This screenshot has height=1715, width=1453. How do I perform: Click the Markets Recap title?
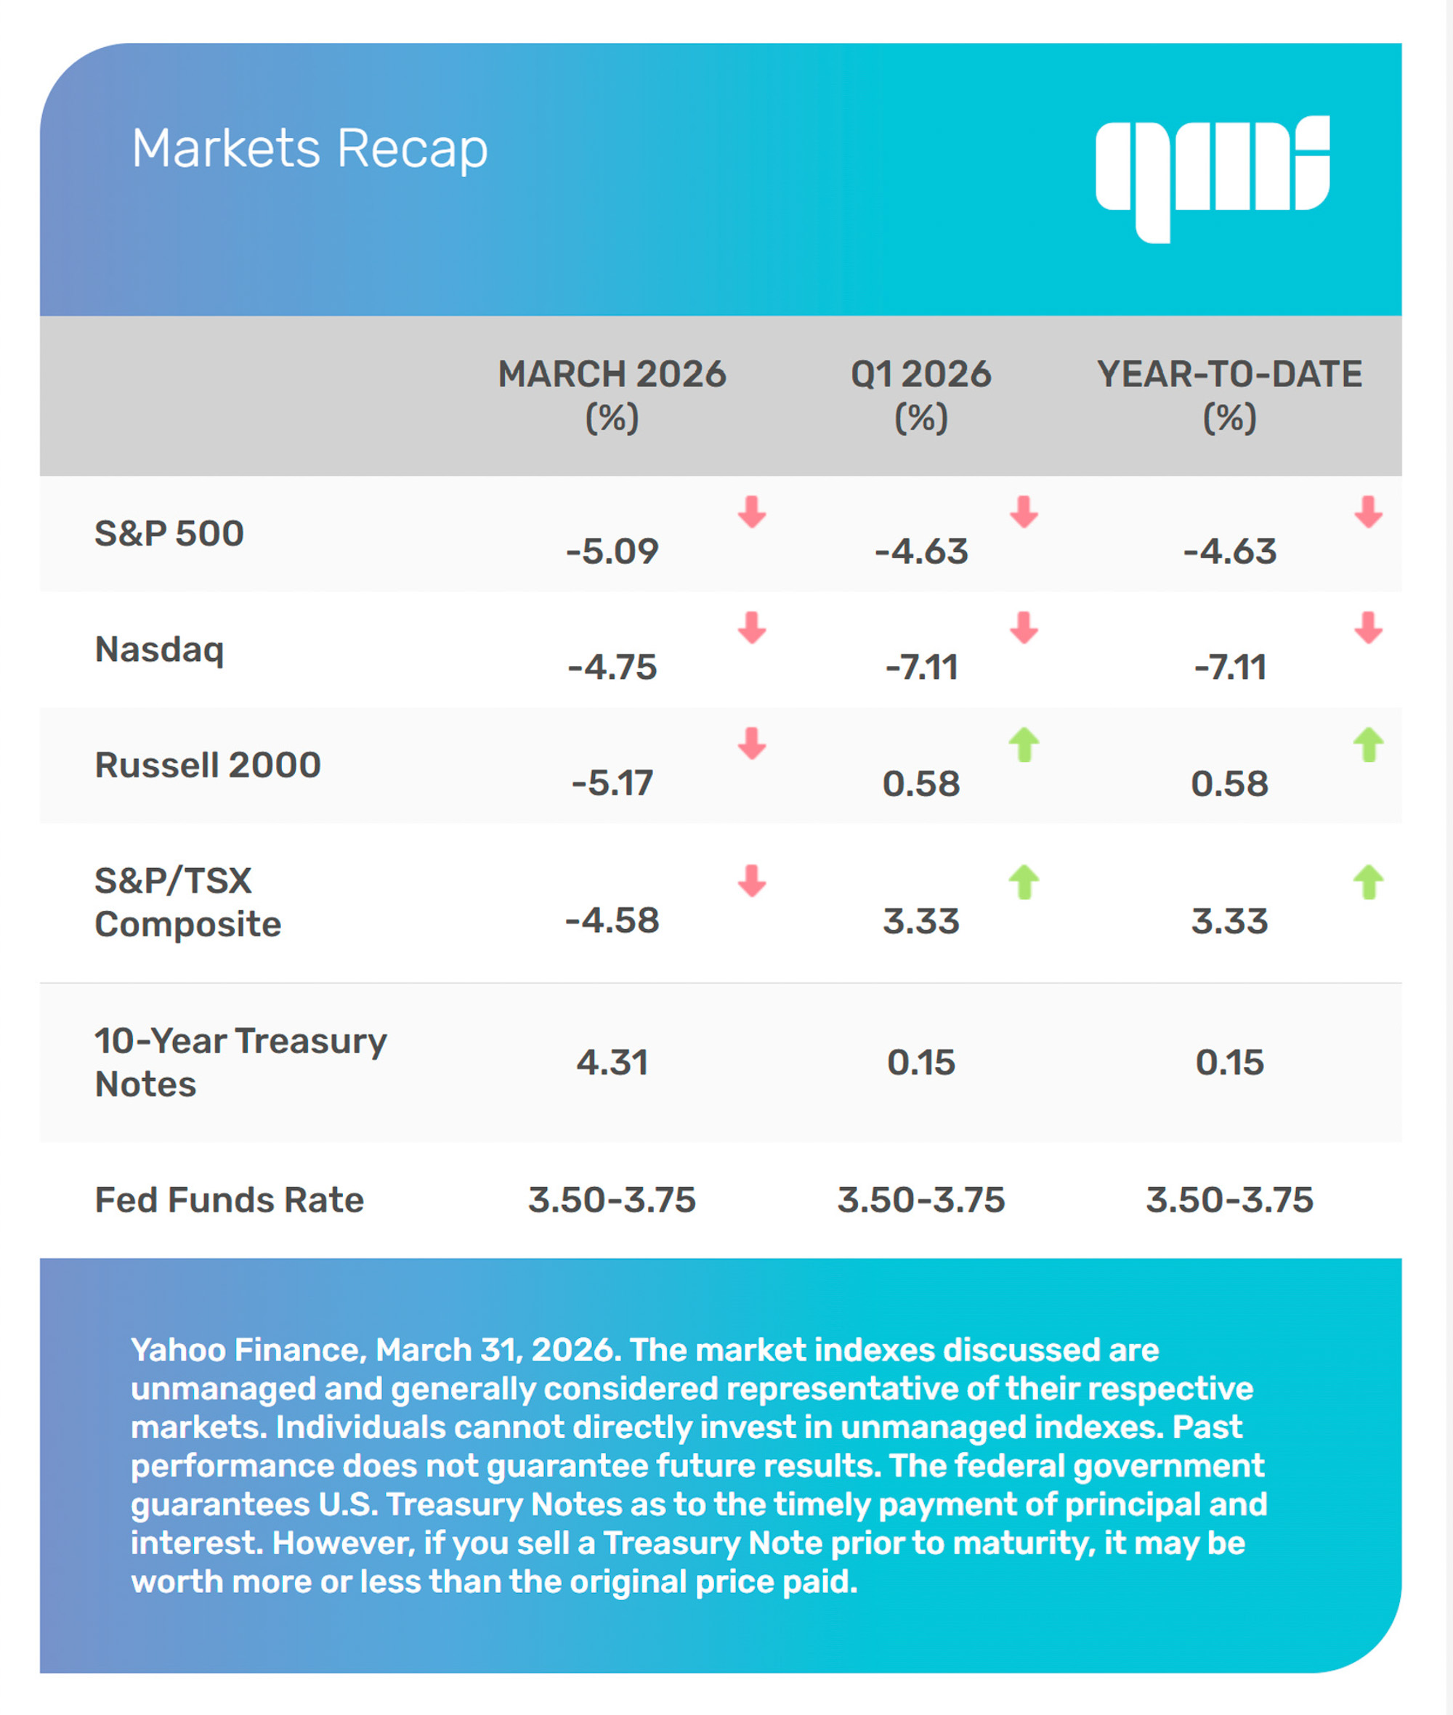[309, 149]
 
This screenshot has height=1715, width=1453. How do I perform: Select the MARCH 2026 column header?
[612, 395]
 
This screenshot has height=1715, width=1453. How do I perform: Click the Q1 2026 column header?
[921, 395]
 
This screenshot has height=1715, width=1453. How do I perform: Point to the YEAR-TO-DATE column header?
[1229, 395]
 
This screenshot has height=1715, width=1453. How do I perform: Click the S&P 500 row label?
[169, 534]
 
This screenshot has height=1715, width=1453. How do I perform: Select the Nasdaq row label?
[159, 650]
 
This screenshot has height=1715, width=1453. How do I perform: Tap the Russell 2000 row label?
[208, 765]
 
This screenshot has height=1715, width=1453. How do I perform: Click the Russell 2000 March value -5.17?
[612, 783]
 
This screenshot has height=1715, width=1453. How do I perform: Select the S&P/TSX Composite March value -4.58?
[612, 921]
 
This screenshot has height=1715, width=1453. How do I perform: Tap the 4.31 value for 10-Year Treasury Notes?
[612, 1063]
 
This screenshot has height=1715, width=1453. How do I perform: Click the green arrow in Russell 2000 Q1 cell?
[1024, 745]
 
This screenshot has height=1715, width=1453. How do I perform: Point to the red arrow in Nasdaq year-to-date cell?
[1368, 628]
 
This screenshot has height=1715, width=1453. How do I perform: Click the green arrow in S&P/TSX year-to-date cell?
[1368, 883]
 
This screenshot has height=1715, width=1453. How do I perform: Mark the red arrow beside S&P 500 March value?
[752, 511]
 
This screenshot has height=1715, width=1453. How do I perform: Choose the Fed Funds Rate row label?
[229, 1200]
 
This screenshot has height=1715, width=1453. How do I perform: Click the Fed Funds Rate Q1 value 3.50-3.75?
[921, 1200]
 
